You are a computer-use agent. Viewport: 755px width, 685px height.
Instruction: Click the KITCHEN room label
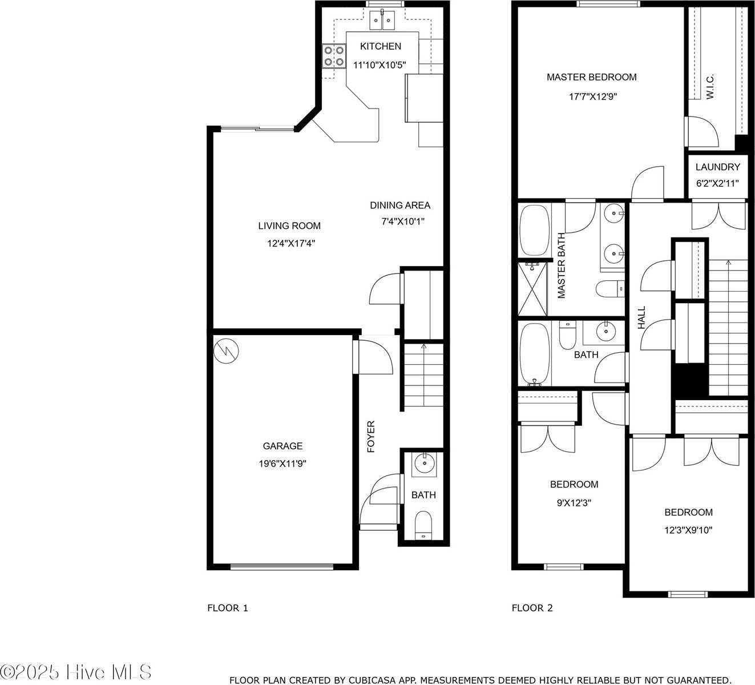coord(380,46)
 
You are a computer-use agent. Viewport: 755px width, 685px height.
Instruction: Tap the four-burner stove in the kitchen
coord(334,56)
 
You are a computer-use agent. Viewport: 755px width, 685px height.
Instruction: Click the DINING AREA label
coord(400,205)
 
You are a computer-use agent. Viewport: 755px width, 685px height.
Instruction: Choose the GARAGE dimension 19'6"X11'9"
coord(283,464)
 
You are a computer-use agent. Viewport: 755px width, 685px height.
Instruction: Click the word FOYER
coord(371,437)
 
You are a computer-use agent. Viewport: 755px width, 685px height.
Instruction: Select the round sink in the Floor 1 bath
coord(423,464)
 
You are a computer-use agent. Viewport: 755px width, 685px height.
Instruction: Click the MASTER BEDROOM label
coord(591,77)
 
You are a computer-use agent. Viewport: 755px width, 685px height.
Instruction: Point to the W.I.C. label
coord(710,87)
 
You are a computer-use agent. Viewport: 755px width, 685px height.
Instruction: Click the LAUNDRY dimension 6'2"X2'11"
coord(717,184)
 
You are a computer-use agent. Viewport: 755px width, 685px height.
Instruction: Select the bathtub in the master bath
coord(535,231)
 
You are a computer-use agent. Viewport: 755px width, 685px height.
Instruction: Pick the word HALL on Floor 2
coord(641,317)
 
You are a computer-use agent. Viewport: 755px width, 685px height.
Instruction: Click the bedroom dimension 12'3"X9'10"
coord(688,530)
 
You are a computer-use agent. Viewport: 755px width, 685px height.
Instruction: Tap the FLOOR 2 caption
coord(532,608)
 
